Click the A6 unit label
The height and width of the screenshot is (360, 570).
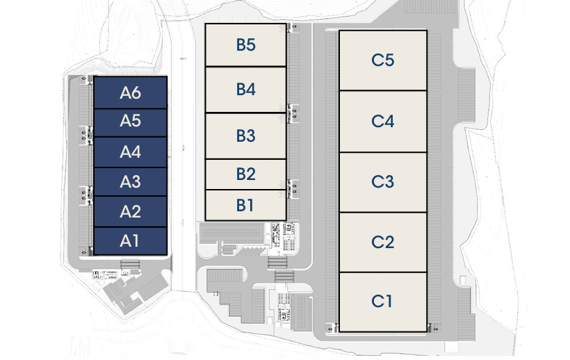click(130, 92)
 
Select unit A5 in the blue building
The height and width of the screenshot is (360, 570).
click(130, 121)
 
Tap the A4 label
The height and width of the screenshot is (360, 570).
click(130, 152)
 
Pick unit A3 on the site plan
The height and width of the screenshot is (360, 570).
click(130, 182)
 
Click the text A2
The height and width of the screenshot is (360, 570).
click(130, 211)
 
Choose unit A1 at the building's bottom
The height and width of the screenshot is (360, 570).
click(130, 241)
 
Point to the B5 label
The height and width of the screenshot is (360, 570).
click(245, 45)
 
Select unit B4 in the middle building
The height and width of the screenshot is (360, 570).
click(245, 90)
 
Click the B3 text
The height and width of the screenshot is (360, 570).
click(245, 136)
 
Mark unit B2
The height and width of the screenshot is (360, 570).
click(245, 174)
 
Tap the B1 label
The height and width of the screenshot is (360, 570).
click(245, 205)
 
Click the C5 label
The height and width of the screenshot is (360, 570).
click(382, 60)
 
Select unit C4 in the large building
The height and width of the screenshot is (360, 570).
click(382, 121)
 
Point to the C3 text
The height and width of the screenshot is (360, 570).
click(382, 182)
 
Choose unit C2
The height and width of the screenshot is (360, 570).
click(382, 242)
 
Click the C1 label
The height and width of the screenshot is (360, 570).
click(382, 302)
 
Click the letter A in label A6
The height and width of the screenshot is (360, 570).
click(125, 92)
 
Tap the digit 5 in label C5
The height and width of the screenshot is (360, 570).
click(389, 60)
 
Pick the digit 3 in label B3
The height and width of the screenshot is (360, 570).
click(251, 136)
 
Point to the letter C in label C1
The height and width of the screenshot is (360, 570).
click(377, 302)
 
